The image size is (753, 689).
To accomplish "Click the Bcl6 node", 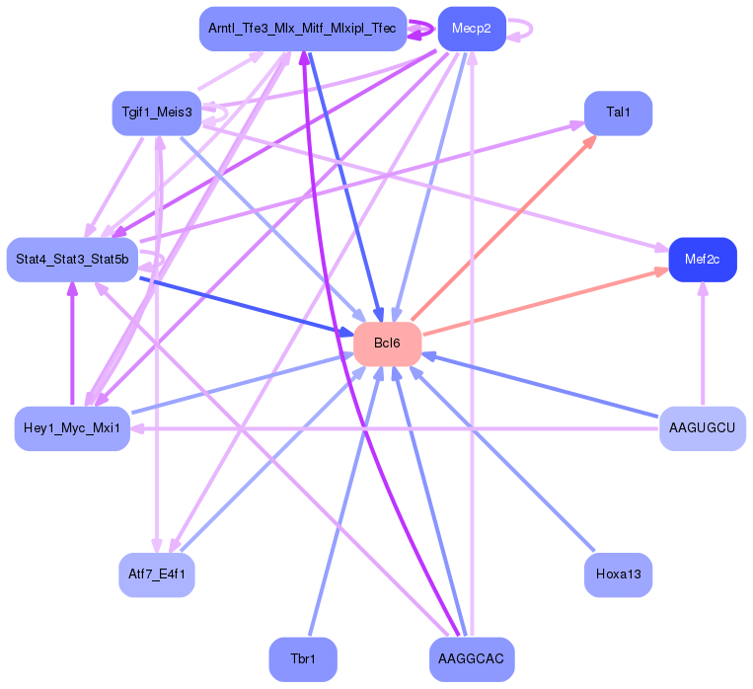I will [387, 344].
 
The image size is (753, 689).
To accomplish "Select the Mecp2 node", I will [471, 29].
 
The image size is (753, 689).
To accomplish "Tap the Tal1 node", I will [618, 113].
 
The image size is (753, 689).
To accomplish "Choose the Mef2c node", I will [702, 260].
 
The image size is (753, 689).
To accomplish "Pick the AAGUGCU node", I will [702, 427].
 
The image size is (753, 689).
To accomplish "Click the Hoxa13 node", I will [618, 574].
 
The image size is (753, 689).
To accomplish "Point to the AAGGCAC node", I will [471, 658].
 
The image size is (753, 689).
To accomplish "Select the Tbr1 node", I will [303, 658].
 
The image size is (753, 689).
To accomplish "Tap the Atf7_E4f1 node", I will [156, 574].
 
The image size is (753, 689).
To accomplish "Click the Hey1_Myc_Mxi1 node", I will [72, 427].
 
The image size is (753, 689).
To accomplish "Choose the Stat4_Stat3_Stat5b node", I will [72, 260].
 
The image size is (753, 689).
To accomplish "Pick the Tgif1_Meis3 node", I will [156, 113].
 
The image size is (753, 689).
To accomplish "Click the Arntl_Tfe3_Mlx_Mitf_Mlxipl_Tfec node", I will [302, 29].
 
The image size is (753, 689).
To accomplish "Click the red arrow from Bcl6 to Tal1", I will [503, 227].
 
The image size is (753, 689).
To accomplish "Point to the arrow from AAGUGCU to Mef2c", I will [702, 345].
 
